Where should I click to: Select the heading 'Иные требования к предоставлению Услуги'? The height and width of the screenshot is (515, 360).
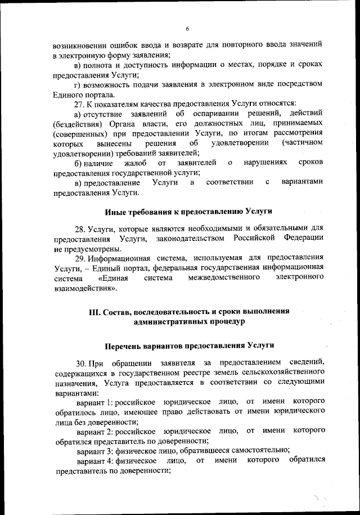188,212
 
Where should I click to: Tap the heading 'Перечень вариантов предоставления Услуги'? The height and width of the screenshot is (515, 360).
188,344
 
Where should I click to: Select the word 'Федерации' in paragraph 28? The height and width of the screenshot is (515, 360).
304,239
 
